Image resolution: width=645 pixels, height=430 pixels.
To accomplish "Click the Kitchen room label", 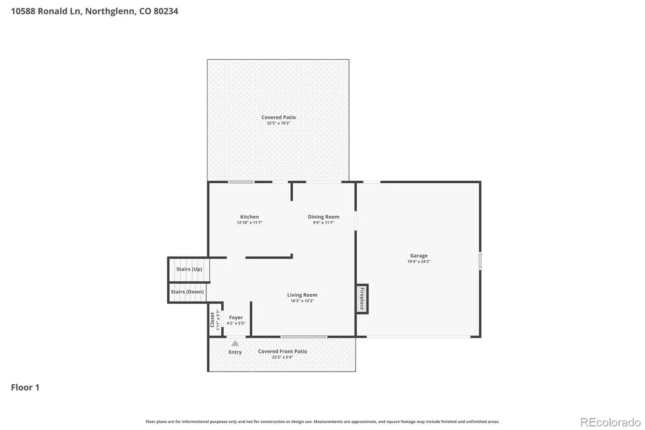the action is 250,217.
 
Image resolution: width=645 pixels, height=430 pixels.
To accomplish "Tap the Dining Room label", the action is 323,217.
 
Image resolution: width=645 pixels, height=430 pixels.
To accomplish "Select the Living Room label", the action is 302,295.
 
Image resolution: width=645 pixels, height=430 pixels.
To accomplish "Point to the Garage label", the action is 419,256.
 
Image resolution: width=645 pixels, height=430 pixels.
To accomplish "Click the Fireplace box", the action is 362,299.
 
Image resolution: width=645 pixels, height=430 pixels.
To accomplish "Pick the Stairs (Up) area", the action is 189,269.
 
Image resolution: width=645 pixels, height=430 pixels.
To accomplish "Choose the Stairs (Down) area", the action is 187,292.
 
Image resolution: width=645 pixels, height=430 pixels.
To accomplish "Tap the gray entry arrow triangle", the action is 235,343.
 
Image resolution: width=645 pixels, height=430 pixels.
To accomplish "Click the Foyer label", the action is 236,317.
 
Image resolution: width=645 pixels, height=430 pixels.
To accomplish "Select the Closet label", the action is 212,320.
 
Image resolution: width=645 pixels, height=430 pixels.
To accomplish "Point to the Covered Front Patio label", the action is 283,351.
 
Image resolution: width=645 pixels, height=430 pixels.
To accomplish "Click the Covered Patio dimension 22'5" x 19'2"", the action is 279,123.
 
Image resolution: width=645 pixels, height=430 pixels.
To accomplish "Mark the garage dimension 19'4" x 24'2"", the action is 419,261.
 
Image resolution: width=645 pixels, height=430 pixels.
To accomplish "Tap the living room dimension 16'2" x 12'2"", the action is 302,301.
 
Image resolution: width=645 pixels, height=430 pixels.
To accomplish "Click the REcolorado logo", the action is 610,422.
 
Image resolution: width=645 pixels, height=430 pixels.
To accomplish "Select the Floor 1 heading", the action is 25,387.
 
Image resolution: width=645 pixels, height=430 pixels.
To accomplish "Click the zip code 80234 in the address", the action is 166,11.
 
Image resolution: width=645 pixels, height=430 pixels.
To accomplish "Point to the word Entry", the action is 235,352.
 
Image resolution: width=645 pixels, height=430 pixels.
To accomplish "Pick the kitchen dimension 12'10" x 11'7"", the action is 250,223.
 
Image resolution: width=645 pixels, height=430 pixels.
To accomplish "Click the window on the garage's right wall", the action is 480,261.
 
